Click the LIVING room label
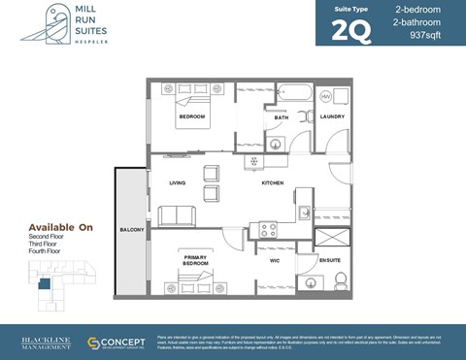[x=177, y=182]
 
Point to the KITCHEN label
[x=271, y=182]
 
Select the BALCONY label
[x=131, y=229]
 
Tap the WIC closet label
[x=275, y=260]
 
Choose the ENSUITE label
[x=331, y=260]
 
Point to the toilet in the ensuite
[x=340, y=281]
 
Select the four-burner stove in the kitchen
[x=264, y=230]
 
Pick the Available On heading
[x=60, y=227]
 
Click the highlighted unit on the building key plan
[x=44, y=283]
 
